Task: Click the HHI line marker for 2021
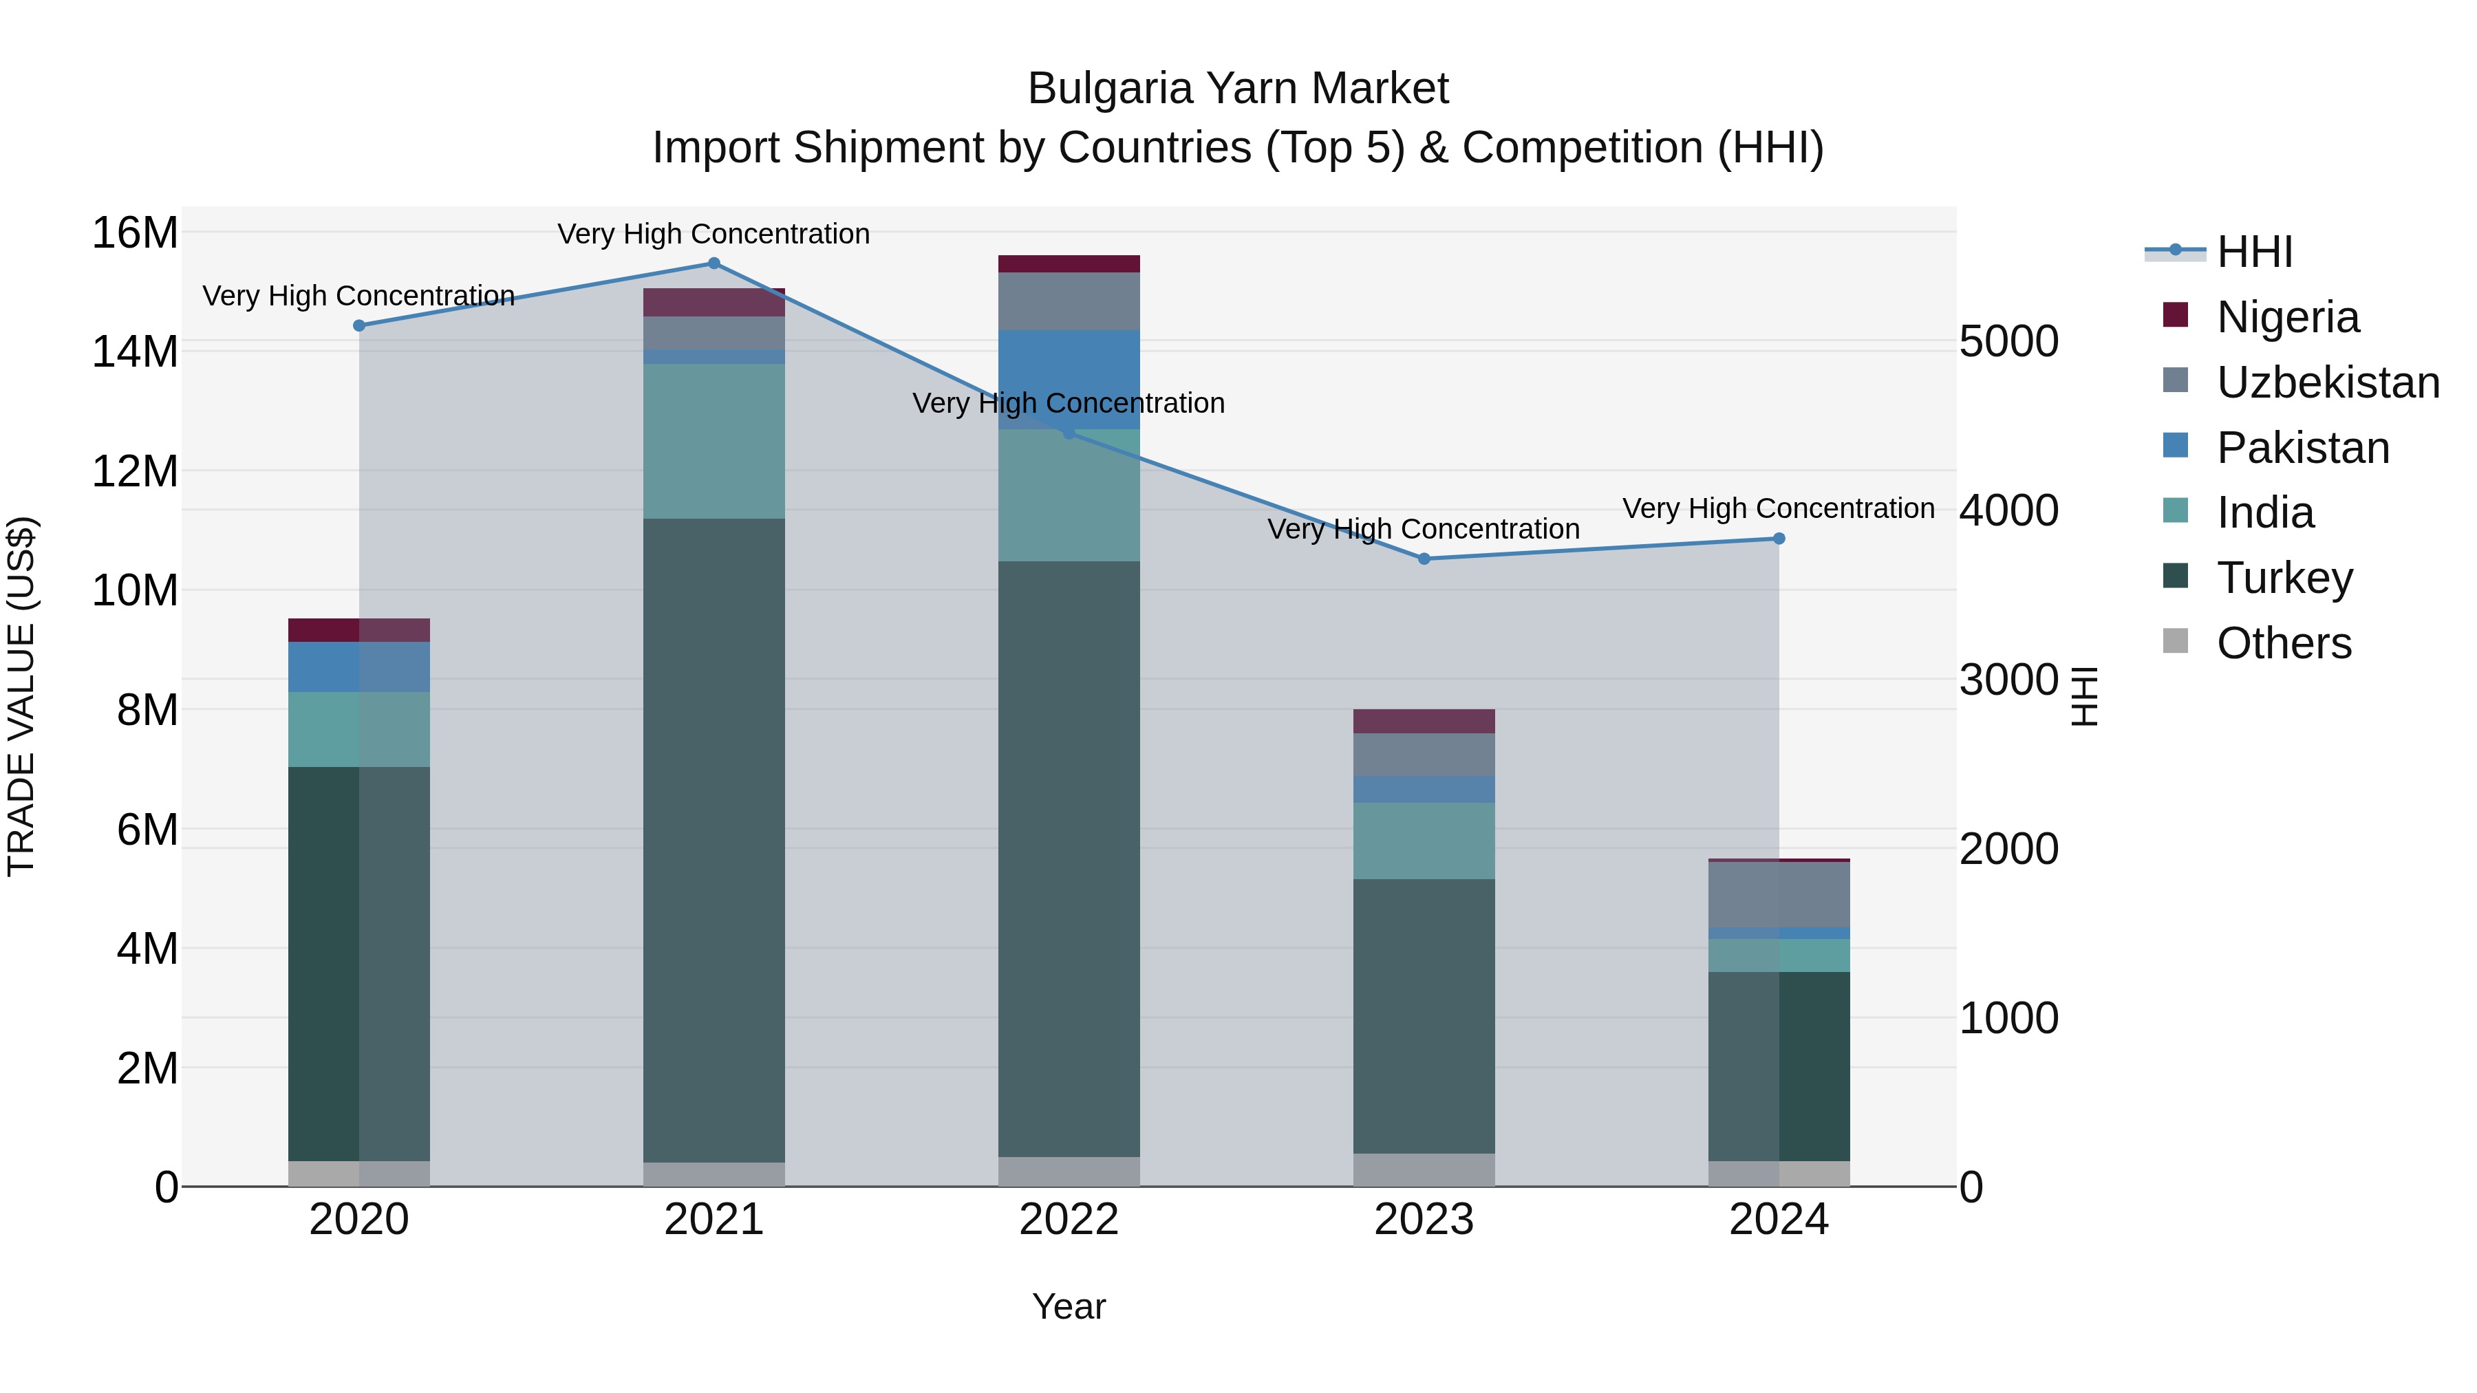[x=714, y=263]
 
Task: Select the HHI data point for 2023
[x=1424, y=559]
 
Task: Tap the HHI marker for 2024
[x=1779, y=539]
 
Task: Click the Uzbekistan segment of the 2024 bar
[x=1779, y=894]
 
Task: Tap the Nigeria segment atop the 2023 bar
[x=1424, y=721]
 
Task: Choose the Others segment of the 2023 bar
[x=1424, y=1170]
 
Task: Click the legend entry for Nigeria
[x=2288, y=317]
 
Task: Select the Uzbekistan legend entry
[x=2327, y=382]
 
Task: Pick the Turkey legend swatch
[x=2175, y=577]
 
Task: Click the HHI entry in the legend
[x=2254, y=252]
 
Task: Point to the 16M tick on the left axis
[x=135, y=233]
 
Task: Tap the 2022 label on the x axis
[x=1069, y=1220]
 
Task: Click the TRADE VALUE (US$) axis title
[x=21, y=696]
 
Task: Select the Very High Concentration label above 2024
[x=1779, y=508]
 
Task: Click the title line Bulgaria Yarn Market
[x=1238, y=89]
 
